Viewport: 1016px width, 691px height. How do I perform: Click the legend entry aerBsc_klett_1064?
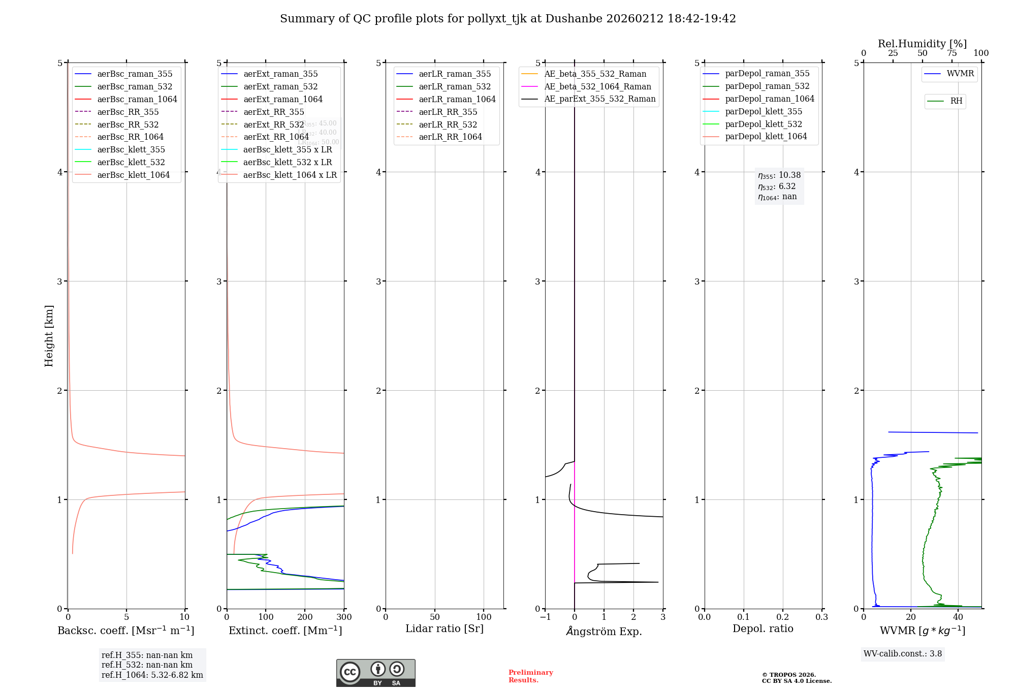[133, 175]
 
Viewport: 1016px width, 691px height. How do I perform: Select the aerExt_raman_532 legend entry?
[280, 86]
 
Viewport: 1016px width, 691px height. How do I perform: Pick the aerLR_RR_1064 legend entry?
[450, 137]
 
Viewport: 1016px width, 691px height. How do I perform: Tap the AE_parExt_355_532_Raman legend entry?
[599, 99]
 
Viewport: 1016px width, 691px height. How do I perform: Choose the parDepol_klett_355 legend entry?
[764, 111]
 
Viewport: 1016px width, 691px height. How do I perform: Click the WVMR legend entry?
[960, 74]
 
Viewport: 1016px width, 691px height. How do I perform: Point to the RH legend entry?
[956, 101]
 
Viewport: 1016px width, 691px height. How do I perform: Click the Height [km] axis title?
[49, 336]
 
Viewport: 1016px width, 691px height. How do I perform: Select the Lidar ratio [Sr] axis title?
[444, 629]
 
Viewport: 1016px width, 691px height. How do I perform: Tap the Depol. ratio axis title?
[763, 629]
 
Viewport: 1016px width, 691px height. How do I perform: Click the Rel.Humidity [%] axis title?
[922, 44]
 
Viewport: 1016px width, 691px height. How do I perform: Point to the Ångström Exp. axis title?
[604, 631]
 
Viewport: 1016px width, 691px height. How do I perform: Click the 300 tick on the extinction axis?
[344, 617]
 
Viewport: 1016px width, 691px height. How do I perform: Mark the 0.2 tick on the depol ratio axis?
[783, 617]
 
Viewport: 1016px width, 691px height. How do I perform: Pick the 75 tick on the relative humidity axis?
[952, 53]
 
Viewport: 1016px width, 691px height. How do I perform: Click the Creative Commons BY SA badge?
[375, 673]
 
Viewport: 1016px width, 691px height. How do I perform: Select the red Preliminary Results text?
[530, 676]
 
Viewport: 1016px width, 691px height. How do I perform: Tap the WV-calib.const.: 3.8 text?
[902, 654]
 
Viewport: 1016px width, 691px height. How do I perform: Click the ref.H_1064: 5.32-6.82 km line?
[152, 675]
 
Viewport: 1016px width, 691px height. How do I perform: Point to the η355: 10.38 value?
[779, 175]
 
